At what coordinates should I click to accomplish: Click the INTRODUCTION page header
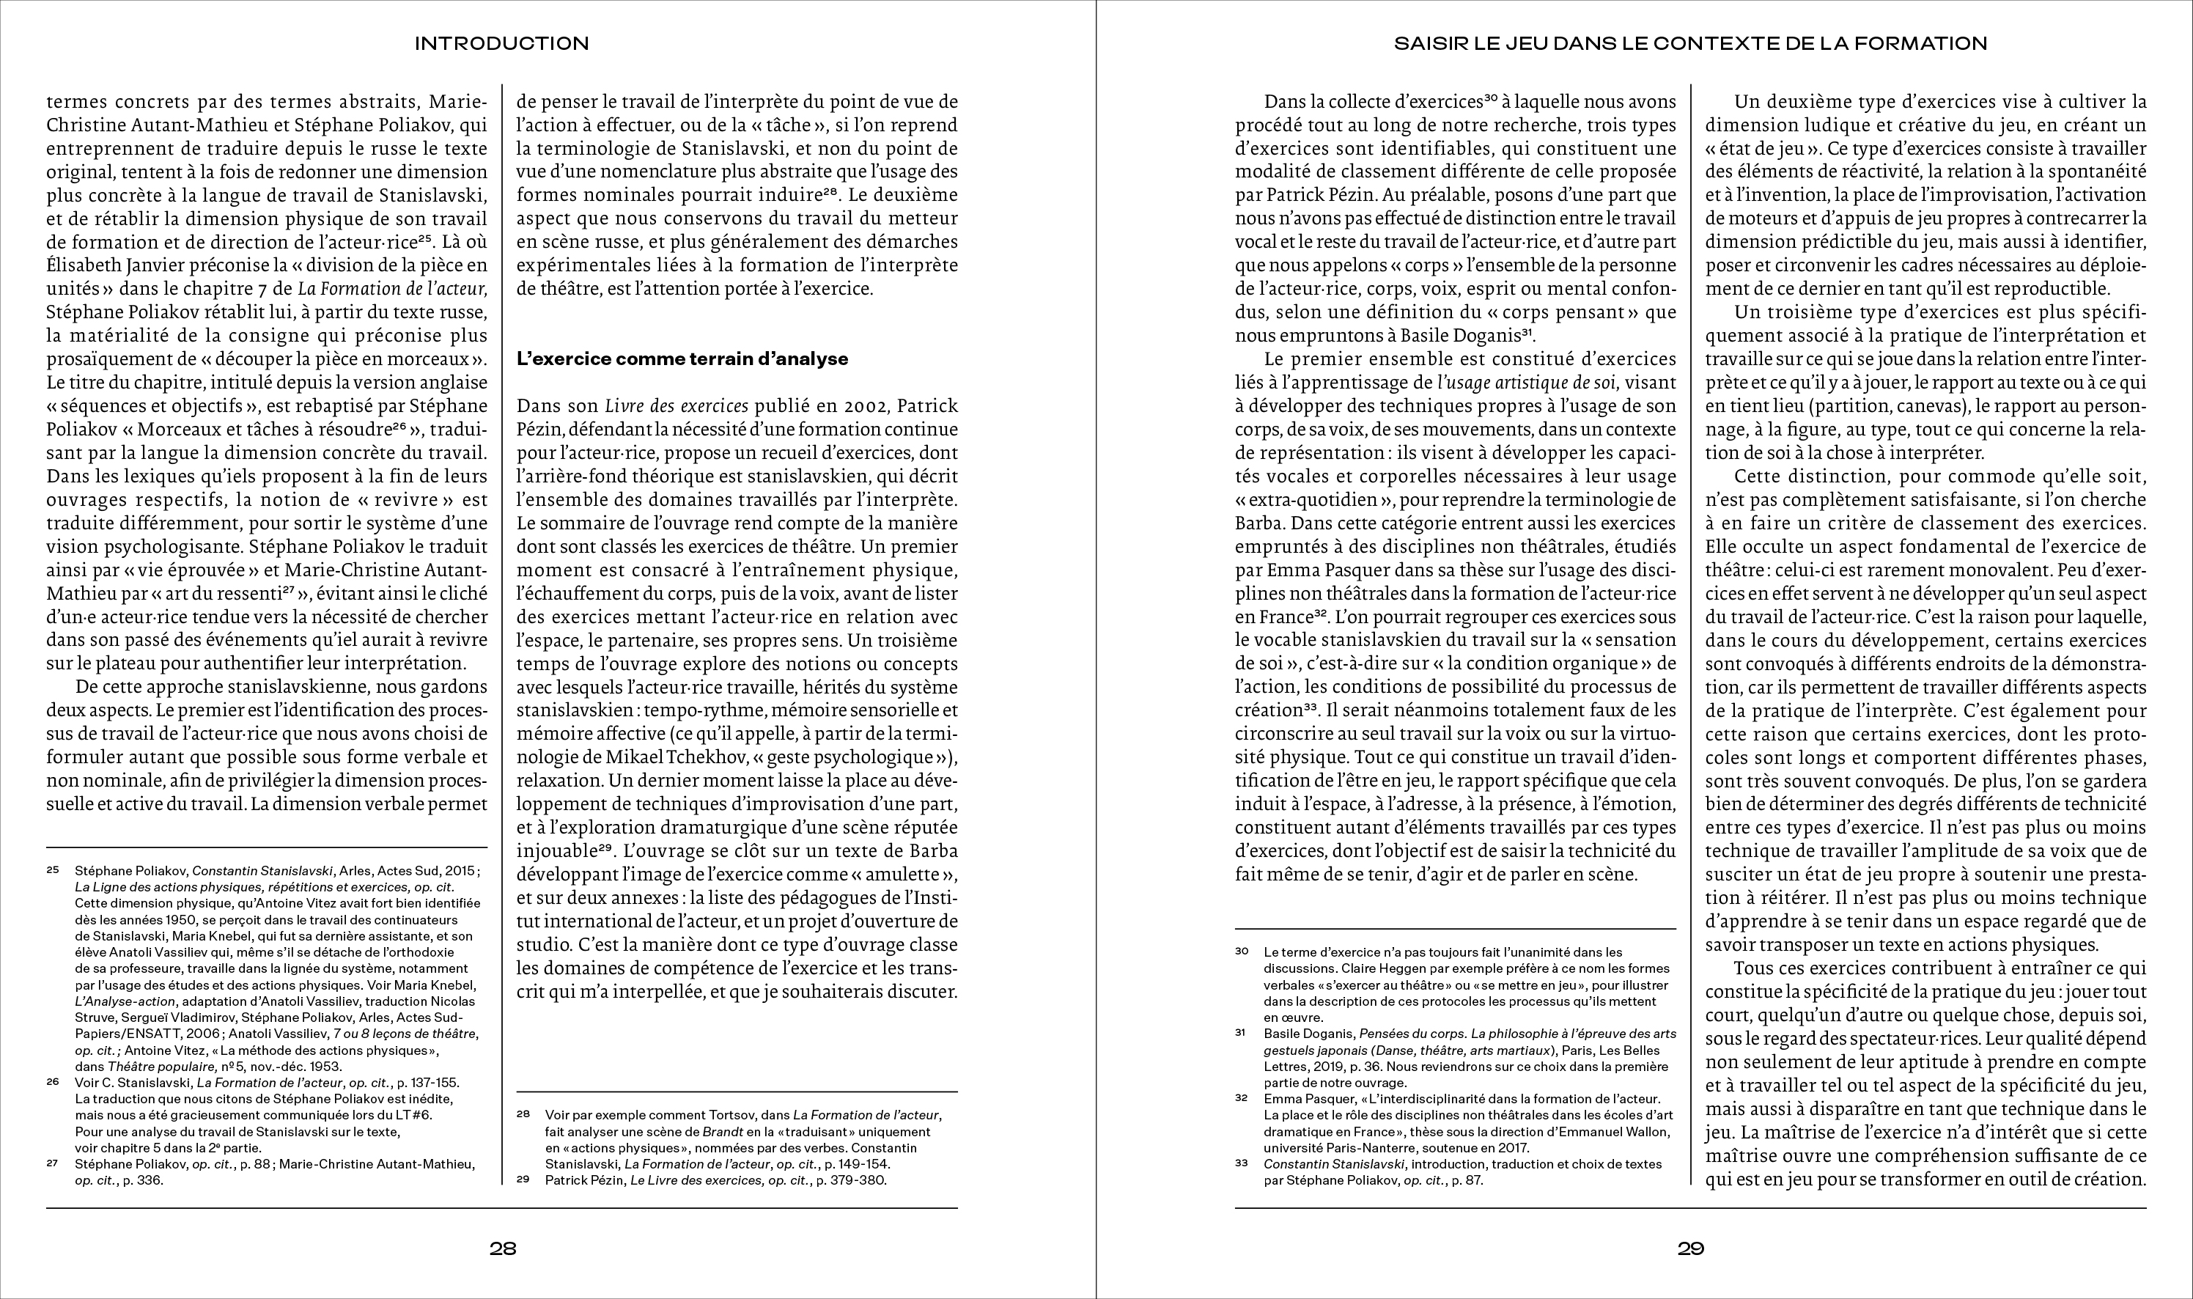[x=501, y=43]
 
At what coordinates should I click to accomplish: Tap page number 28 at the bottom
[x=502, y=1249]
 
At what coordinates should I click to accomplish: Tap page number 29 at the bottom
[x=1691, y=1249]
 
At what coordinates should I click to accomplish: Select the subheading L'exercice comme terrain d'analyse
[x=682, y=359]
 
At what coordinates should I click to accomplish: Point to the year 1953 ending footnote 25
[x=325, y=1066]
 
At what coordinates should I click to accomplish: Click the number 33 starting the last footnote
[x=1242, y=1163]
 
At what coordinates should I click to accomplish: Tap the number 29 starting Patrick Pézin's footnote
[x=523, y=1179]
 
